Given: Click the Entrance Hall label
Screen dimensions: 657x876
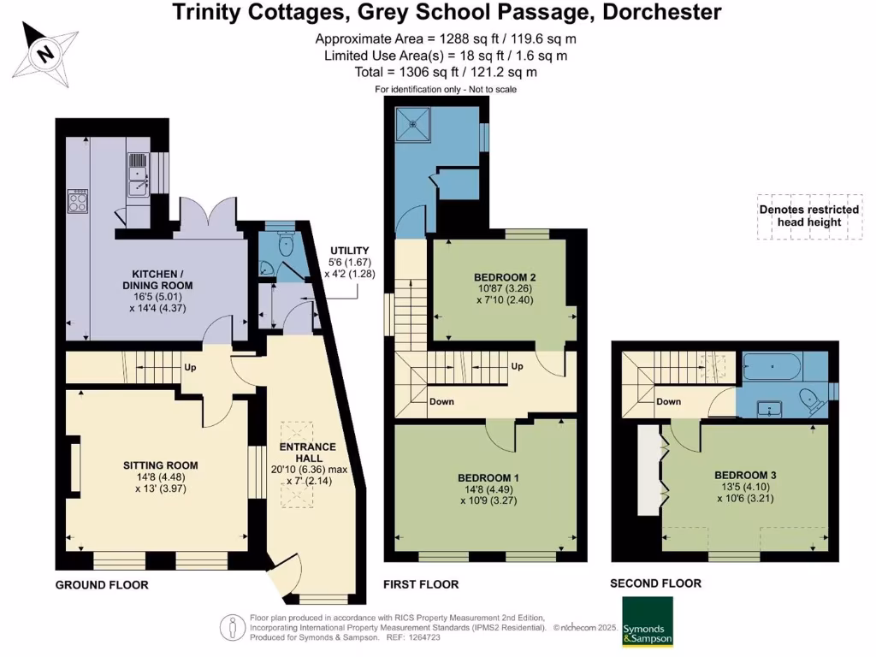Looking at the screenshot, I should click(x=313, y=459).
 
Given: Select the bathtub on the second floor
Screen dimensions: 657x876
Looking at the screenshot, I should click(x=772, y=370).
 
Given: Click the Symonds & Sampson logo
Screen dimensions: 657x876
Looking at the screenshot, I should click(x=647, y=621).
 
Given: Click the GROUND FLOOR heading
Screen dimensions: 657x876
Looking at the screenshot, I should click(x=102, y=585).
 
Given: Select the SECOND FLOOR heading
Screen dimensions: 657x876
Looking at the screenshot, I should click(x=655, y=583).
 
